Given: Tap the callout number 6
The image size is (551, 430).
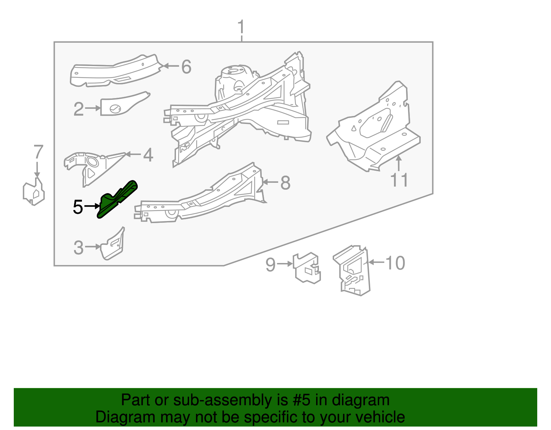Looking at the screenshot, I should click(x=186, y=67).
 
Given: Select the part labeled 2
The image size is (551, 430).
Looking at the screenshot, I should click(x=121, y=105).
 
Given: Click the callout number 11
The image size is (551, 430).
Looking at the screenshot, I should click(x=399, y=180).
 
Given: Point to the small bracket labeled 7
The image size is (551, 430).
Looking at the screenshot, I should click(x=34, y=193).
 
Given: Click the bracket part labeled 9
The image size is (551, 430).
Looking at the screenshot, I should click(x=306, y=268).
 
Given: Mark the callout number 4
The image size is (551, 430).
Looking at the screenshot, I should click(x=148, y=155).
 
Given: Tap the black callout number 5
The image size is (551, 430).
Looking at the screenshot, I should click(x=78, y=207).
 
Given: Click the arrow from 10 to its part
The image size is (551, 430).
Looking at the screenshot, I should click(x=376, y=263).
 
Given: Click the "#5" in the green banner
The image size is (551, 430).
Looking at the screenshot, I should click(x=302, y=400).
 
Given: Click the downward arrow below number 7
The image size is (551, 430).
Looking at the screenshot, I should click(x=37, y=170).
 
